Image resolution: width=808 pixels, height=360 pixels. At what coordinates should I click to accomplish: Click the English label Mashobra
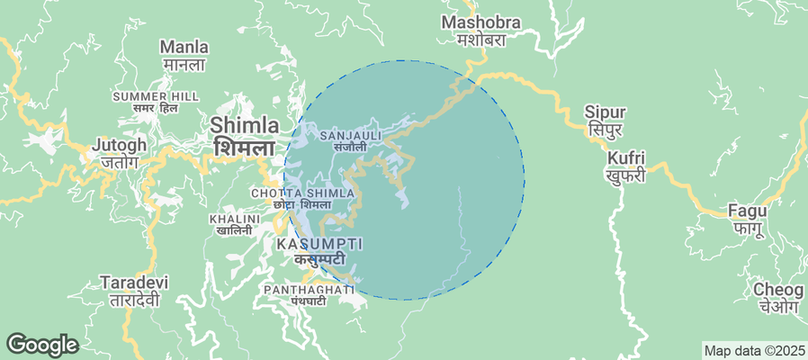click(475, 22)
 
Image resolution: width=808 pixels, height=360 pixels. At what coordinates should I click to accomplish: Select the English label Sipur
click(605, 112)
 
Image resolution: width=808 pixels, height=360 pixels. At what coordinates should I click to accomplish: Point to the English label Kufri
click(625, 158)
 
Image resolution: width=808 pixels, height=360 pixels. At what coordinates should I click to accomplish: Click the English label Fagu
click(749, 211)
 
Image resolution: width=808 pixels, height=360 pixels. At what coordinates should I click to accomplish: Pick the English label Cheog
click(778, 290)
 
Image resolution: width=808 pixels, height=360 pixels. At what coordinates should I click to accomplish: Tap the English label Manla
click(184, 47)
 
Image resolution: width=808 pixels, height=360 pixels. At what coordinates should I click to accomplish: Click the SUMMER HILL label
click(155, 95)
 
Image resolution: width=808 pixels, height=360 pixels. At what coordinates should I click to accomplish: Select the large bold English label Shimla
click(245, 125)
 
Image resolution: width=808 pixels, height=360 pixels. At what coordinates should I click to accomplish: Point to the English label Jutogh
click(119, 145)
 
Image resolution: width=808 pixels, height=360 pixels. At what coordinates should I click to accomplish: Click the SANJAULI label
click(351, 135)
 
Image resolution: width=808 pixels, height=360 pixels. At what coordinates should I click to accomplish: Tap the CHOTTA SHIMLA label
click(295, 193)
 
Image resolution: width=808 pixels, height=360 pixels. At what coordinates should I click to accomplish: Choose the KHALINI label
click(233, 219)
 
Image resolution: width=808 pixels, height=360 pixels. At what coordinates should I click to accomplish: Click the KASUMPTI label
click(319, 244)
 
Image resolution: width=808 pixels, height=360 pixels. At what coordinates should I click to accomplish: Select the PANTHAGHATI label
click(307, 289)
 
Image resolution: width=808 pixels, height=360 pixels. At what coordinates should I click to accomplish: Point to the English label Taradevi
click(135, 283)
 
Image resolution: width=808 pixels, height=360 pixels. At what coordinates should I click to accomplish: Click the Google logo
click(41, 345)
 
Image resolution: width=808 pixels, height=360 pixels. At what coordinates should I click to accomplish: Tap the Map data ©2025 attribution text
click(753, 351)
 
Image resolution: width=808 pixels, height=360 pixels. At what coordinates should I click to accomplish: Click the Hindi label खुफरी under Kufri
click(625, 176)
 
